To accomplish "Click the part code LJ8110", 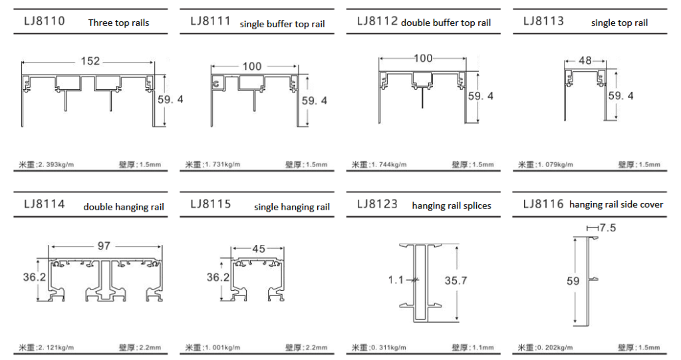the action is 45,21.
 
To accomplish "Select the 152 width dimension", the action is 90,61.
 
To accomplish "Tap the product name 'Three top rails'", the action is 118,23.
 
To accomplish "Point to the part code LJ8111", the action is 211,21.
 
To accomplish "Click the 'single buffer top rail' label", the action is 282,24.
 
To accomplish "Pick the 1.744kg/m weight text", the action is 388,164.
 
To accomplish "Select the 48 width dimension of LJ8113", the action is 585,61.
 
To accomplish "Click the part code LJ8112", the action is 377,21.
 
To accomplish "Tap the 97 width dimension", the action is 104,246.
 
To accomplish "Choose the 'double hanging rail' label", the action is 124,207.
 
